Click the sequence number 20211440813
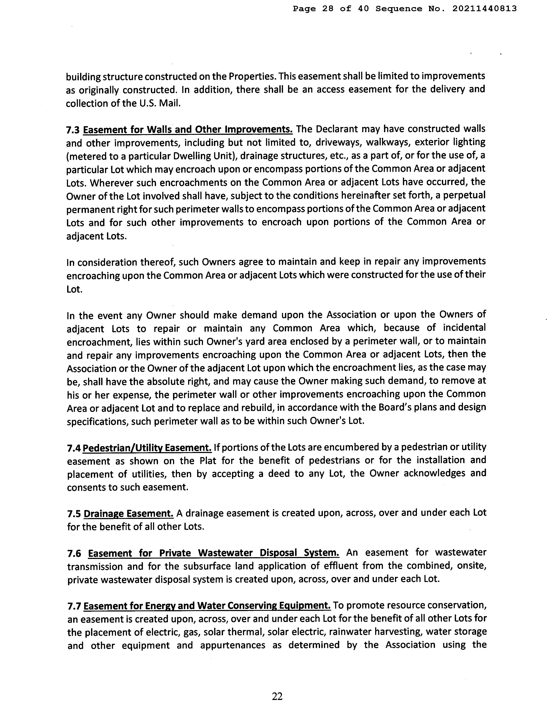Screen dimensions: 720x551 pos(484,9)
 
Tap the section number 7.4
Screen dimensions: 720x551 pos(73,448)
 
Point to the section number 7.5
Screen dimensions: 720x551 pos(74,513)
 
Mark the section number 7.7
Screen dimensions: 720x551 pos(74,606)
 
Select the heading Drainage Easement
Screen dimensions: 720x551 pos(128,513)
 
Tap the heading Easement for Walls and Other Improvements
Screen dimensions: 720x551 pos(188,130)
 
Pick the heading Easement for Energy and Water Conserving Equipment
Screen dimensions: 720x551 pos(207,606)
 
